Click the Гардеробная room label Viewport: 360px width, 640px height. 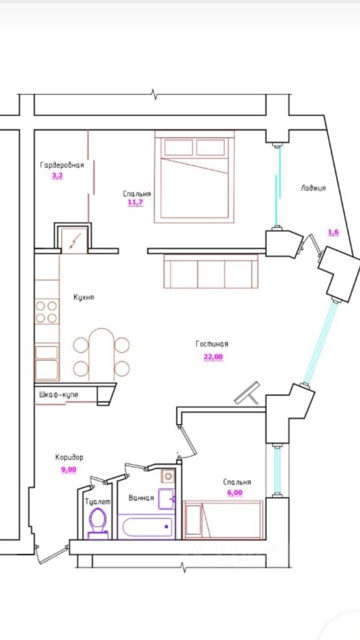(x=62, y=165)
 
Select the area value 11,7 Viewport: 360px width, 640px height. (x=135, y=202)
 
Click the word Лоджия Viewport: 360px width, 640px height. (x=313, y=188)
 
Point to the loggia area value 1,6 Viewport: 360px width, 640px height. (x=333, y=232)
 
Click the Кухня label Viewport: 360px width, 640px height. (x=84, y=297)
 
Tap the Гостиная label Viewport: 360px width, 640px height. (x=212, y=344)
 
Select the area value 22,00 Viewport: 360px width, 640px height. (x=213, y=357)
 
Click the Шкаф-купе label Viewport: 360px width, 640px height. (x=59, y=395)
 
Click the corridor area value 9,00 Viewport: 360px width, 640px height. (x=69, y=469)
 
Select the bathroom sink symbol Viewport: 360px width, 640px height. (x=167, y=498)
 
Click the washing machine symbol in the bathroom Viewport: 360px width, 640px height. (x=168, y=476)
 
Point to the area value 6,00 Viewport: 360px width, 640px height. (x=235, y=493)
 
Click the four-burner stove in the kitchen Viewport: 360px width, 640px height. (x=47, y=312)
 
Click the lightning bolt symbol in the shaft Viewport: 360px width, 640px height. (x=74, y=241)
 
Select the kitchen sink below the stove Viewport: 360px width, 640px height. (x=47, y=363)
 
